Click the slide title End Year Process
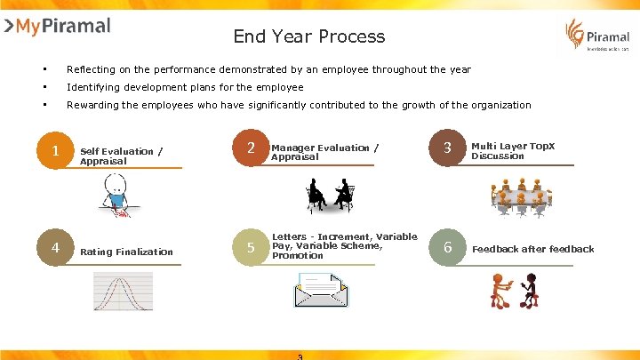(x=308, y=36)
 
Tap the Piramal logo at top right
(x=596, y=36)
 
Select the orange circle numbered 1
(x=55, y=152)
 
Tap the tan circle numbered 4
(x=55, y=248)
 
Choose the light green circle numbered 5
(x=251, y=248)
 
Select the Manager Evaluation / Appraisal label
(x=324, y=151)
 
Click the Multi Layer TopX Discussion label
(x=511, y=150)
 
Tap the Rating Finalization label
(x=126, y=252)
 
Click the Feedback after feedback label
(x=532, y=249)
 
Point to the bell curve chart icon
(x=124, y=291)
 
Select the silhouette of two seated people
(x=330, y=195)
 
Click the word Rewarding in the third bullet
(x=93, y=105)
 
